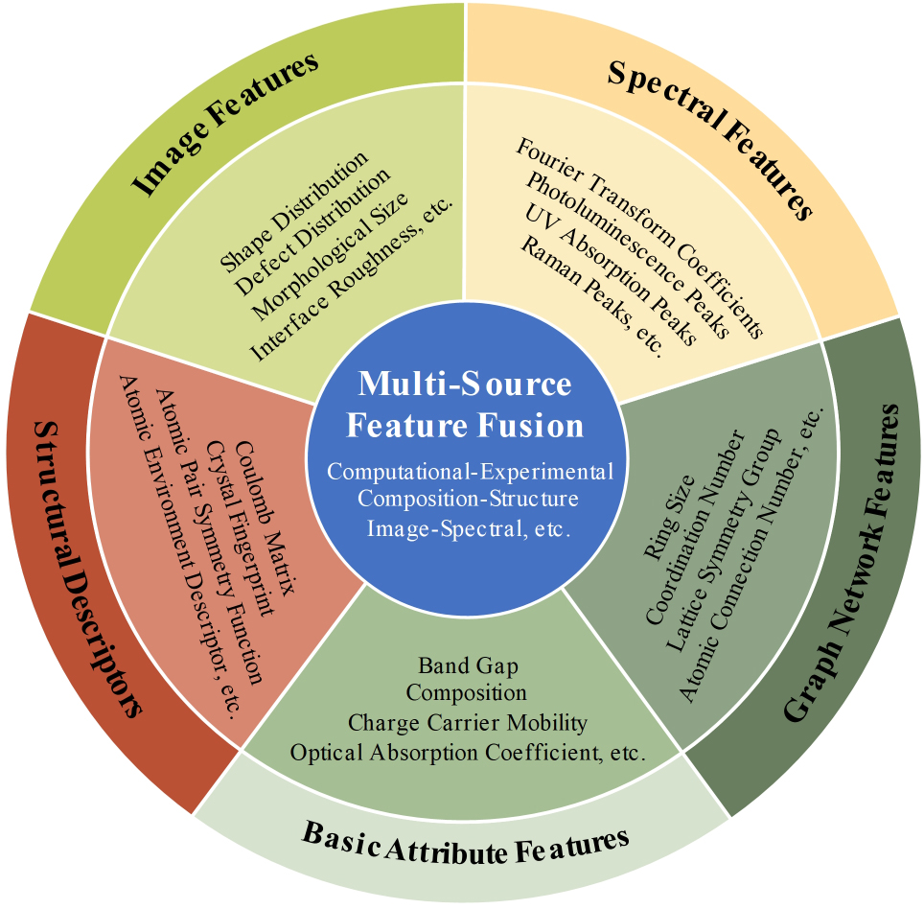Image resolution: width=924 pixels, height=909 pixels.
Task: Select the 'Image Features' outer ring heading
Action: (224, 126)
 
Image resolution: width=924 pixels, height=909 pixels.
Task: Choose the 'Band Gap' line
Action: (467, 664)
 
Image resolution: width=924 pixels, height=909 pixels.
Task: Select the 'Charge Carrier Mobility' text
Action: (467, 722)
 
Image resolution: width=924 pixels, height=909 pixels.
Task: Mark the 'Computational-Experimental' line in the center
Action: (467, 471)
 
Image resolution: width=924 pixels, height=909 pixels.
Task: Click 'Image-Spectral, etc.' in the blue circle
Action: (467, 527)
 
